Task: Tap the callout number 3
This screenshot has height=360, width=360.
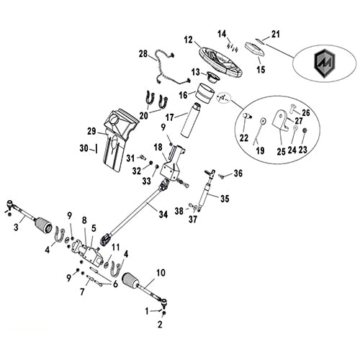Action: (x=16, y=228)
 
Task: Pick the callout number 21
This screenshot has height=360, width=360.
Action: (x=274, y=33)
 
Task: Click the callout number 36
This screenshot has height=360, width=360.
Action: (x=238, y=173)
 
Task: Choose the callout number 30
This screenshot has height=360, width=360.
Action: (x=84, y=148)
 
